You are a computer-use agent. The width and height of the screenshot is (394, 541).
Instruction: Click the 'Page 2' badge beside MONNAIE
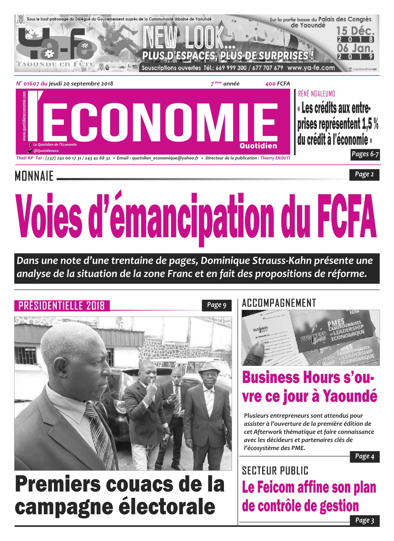(x=364, y=174)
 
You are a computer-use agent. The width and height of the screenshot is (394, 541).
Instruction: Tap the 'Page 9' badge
(x=217, y=305)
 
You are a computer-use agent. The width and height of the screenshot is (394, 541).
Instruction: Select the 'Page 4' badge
(x=364, y=457)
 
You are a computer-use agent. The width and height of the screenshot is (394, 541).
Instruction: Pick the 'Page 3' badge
(x=364, y=520)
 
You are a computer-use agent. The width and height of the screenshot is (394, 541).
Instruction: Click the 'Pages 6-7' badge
(x=365, y=154)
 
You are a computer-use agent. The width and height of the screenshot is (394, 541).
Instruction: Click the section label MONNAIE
(x=34, y=176)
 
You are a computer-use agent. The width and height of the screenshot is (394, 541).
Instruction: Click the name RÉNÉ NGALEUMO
(x=316, y=94)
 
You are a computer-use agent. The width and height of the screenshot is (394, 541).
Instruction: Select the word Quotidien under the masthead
(x=258, y=146)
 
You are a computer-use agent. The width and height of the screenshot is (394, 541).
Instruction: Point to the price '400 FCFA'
(x=278, y=84)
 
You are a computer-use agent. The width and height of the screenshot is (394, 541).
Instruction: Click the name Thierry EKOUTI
(x=275, y=158)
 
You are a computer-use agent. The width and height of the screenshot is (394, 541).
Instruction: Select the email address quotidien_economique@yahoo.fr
(x=165, y=158)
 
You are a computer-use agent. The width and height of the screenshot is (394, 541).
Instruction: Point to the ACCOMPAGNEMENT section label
(x=279, y=303)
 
